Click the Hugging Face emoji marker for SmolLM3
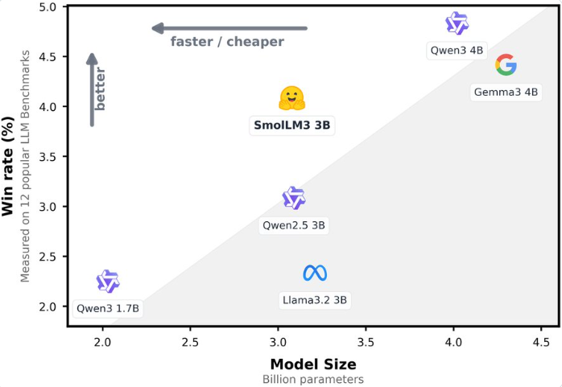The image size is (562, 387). click(x=291, y=98)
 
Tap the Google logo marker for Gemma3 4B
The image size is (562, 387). click(x=506, y=64)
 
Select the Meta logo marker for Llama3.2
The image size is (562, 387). click(x=315, y=274)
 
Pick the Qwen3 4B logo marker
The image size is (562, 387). click(x=457, y=23)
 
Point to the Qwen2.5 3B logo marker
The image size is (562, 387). click(x=294, y=198)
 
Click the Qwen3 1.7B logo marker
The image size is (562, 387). click(x=108, y=281)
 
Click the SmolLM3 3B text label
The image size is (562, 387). click(x=292, y=126)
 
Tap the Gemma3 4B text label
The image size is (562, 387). click(x=506, y=92)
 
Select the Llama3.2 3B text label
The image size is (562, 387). click(x=315, y=300)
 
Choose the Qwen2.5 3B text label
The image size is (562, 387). click(x=294, y=225)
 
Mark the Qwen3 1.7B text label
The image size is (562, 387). click(x=108, y=307)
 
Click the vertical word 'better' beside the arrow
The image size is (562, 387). click(x=101, y=89)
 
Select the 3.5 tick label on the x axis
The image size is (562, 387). click(x=366, y=341)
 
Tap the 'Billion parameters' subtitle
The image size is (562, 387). click(x=313, y=378)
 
